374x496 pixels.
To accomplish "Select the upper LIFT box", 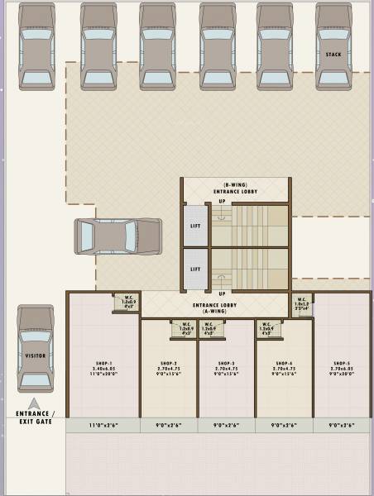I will pos(194,225).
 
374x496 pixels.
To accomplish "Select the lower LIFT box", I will pos(194,269).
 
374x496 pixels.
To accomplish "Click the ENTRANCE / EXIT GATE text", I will pos(36,417).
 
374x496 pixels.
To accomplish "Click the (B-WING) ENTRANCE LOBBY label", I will pos(236,188).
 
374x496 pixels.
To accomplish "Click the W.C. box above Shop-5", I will pos(302,304).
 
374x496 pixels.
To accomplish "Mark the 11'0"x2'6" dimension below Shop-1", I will pos(104,425).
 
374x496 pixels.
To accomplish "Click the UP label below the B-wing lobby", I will pos(222,201).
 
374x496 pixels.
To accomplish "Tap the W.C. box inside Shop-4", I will pos(268,328).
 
